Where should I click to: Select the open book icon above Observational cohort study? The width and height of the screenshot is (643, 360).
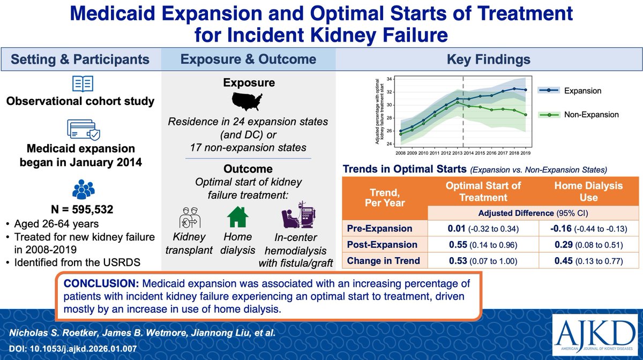(82, 84)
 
